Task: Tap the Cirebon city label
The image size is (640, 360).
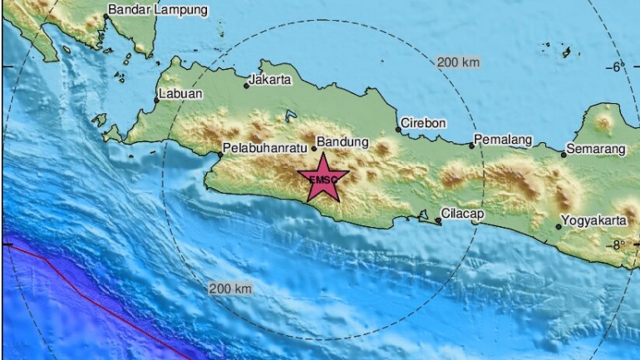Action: click(x=424, y=123)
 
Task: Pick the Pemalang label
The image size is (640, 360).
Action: click(x=502, y=140)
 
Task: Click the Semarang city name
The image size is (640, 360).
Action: click(x=594, y=150)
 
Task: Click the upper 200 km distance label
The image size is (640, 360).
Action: click(x=459, y=62)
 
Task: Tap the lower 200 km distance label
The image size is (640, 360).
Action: click(x=230, y=288)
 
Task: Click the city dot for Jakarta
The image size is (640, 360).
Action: click(x=246, y=86)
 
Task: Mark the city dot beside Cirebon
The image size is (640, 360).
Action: click(x=397, y=129)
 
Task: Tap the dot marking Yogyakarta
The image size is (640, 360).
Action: click(x=559, y=226)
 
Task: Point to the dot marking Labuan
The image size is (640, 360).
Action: click(x=156, y=100)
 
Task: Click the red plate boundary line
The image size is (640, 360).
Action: click(x=91, y=299)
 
